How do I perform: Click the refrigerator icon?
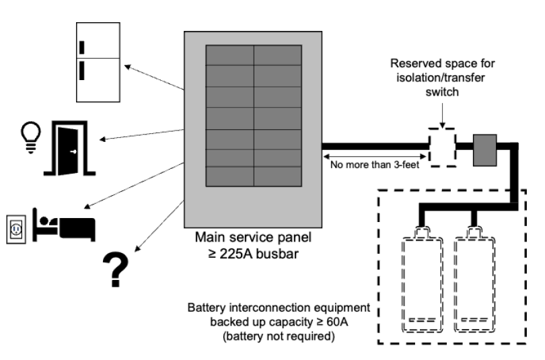pos(98,62)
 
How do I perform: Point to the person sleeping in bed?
pos(65,225)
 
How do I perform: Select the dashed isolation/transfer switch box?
pos(442,147)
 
